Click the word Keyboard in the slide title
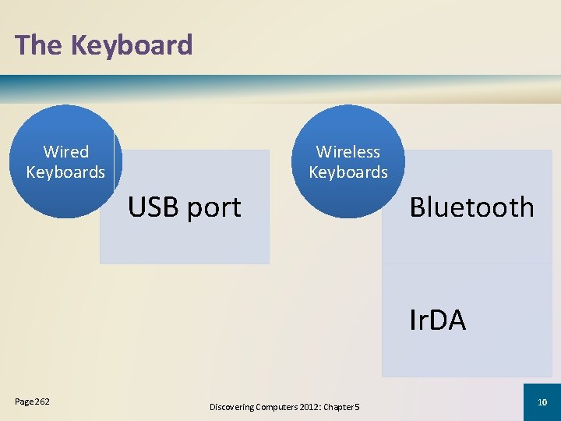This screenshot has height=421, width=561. (x=132, y=45)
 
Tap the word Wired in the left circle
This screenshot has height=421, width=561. (x=66, y=152)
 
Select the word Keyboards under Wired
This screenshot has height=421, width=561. (x=65, y=172)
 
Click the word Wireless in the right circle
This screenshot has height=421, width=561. (x=348, y=152)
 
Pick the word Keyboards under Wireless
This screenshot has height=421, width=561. (x=348, y=172)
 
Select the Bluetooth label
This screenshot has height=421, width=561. (x=472, y=207)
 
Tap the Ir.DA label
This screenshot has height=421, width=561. (x=438, y=320)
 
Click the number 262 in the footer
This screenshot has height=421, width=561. (x=42, y=402)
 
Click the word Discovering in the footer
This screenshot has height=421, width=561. (x=233, y=406)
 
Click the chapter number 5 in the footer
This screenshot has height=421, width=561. (x=357, y=406)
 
